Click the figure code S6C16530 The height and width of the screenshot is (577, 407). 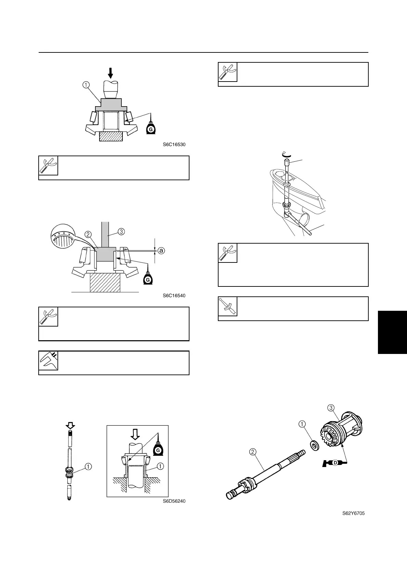[x=174, y=145]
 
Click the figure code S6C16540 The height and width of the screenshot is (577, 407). [x=174, y=296]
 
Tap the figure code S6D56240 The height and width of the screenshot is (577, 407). [x=174, y=501]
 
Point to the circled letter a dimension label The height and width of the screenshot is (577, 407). [x=161, y=251]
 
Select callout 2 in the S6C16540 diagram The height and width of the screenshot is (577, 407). [x=88, y=235]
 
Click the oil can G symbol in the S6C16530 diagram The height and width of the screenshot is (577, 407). [x=149, y=129]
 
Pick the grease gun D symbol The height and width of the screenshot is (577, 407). [x=334, y=463]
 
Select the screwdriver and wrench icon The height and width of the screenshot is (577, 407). [x=228, y=306]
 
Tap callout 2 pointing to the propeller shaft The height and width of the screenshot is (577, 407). [x=252, y=452]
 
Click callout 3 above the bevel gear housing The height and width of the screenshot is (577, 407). [x=331, y=408]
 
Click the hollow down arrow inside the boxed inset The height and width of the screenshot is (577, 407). [x=135, y=434]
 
